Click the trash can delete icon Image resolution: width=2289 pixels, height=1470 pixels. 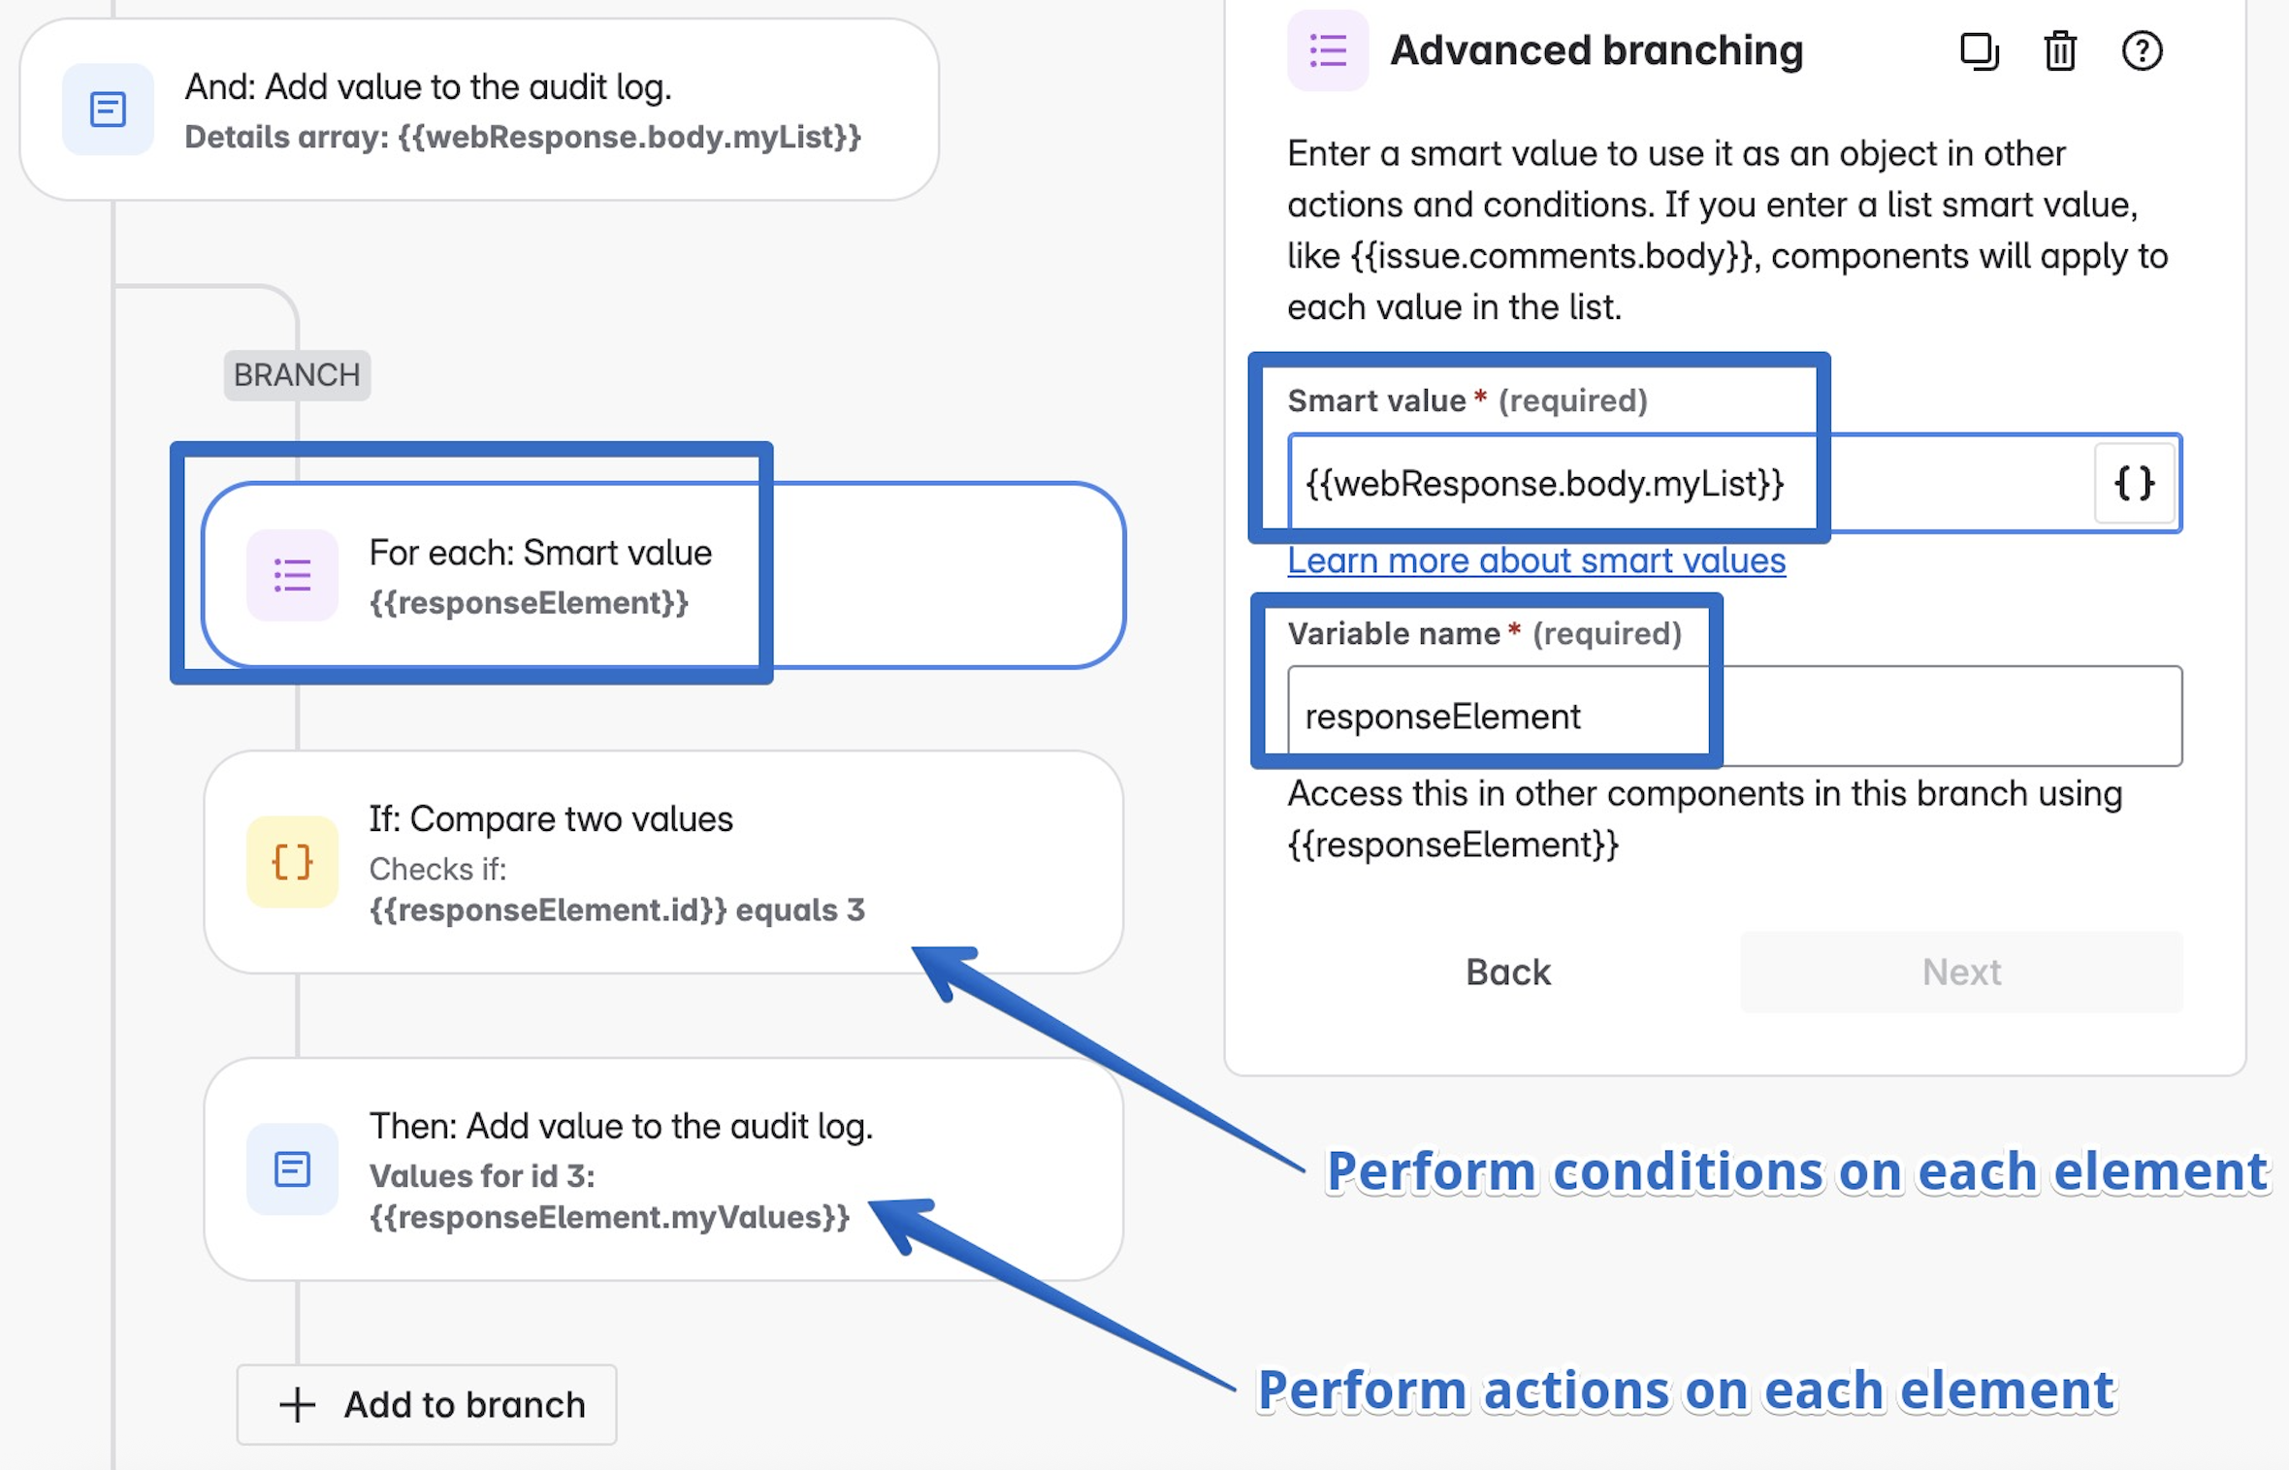click(x=2060, y=51)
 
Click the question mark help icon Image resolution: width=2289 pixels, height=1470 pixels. click(x=2142, y=51)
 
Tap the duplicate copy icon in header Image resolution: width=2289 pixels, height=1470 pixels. click(x=1979, y=51)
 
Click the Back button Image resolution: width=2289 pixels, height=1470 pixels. click(x=1508, y=972)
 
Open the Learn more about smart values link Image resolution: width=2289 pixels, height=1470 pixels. click(x=1536, y=560)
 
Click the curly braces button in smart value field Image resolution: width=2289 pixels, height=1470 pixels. click(x=2134, y=483)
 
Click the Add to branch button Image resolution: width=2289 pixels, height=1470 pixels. click(x=427, y=1404)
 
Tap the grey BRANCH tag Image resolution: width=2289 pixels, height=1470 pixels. click(x=297, y=375)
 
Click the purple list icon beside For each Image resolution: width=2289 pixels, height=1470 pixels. click(x=292, y=575)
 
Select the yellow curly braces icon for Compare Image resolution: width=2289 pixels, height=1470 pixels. click(x=292, y=861)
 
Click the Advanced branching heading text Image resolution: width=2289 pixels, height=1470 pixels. click(x=1596, y=50)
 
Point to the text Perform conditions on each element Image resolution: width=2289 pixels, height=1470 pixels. click(x=1796, y=1171)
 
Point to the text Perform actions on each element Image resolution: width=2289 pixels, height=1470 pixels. click(x=1686, y=1390)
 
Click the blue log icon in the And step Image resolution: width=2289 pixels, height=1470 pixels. click(x=108, y=110)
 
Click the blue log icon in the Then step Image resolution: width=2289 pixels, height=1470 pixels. click(x=292, y=1169)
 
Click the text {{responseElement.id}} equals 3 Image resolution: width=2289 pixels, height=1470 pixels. click(x=617, y=910)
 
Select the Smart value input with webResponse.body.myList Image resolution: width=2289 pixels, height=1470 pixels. click(x=1688, y=483)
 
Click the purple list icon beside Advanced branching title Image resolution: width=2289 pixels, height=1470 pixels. click(x=1328, y=50)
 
